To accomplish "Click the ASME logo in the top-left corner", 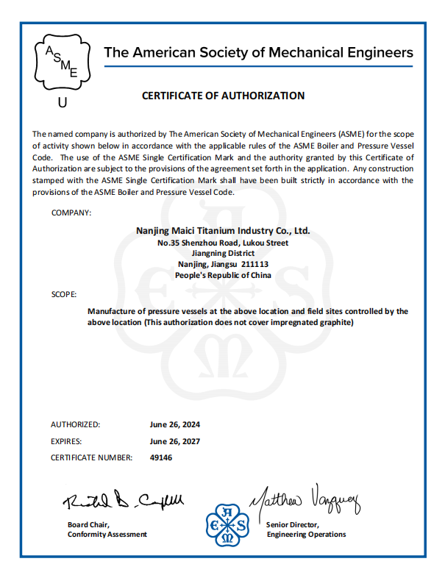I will pyautogui.click(x=62, y=62).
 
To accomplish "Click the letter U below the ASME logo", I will pyautogui.click(x=62, y=104).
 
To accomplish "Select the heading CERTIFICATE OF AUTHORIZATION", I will pyautogui.click(x=223, y=96).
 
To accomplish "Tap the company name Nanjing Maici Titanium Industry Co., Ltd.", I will pyautogui.click(x=224, y=231).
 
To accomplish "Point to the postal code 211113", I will pyautogui.click(x=254, y=265).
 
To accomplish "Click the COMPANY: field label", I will pyautogui.click(x=71, y=213).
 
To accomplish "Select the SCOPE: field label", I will pyautogui.click(x=64, y=294).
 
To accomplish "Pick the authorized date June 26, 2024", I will pyautogui.click(x=175, y=425).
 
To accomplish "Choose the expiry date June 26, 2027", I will pyautogui.click(x=175, y=442).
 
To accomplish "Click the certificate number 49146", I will pyautogui.click(x=161, y=458).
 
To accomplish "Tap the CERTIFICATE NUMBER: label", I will pyautogui.click(x=91, y=458).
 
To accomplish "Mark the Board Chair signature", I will pyautogui.click(x=122, y=502).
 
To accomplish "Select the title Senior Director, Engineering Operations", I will pyautogui.click(x=306, y=529).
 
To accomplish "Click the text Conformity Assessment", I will pyautogui.click(x=107, y=535).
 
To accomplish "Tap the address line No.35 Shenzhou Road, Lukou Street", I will pyautogui.click(x=223, y=243).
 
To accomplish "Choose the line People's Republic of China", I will pyautogui.click(x=224, y=276).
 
